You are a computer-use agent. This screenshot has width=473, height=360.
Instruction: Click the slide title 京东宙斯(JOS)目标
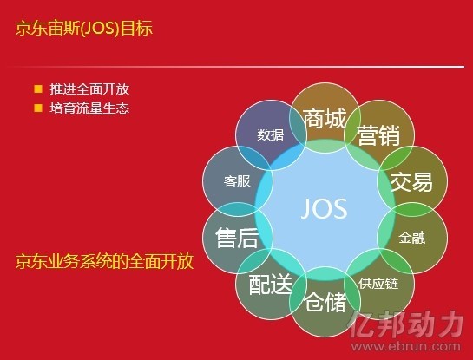tap(84, 29)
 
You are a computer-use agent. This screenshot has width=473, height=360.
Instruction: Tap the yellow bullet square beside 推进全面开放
tap(38, 89)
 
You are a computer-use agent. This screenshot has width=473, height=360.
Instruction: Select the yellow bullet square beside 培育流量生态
tap(38, 108)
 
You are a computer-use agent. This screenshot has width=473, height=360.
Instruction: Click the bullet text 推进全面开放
tap(89, 89)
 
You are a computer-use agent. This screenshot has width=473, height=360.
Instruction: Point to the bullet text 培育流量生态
tap(89, 108)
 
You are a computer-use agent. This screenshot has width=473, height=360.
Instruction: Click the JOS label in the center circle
tap(325, 209)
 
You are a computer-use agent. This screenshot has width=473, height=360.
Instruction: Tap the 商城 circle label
tap(325, 119)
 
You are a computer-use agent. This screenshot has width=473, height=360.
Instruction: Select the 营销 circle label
tap(378, 135)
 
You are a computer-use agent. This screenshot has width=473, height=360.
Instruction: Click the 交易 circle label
tap(411, 182)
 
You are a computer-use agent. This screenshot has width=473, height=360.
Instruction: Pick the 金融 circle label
tap(412, 238)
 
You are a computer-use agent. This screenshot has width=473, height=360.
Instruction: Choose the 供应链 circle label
tap(378, 284)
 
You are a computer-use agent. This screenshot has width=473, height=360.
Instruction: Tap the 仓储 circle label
tap(325, 302)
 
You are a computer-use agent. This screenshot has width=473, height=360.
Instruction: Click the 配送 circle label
tap(270, 284)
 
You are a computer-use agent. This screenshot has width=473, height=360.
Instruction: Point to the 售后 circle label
tap(237, 238)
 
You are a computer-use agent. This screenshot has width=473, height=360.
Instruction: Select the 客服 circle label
tap(237, 181)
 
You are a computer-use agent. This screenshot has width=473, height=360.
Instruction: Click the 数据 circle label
tap(270, 134)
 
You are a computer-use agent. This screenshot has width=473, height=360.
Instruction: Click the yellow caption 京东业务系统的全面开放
tap(104, 261)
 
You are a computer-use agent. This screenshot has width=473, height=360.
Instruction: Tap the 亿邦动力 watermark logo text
tap(405, 325)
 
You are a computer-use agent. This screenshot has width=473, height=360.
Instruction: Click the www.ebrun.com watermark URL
tap(405, 346)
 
